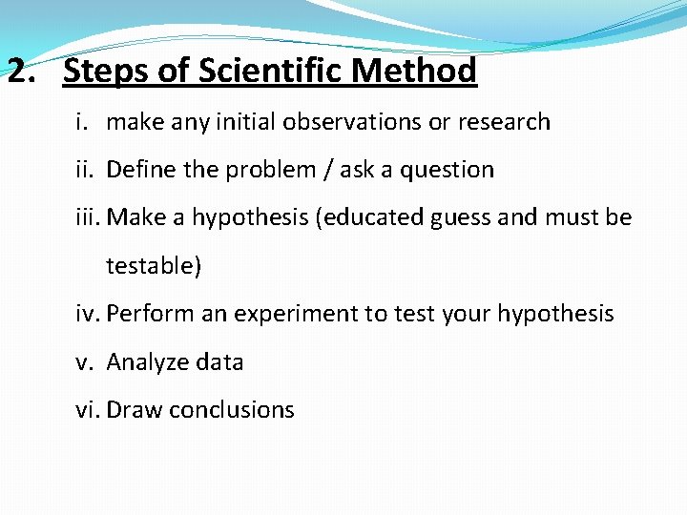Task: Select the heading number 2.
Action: coord(18,71)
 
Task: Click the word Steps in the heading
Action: coord(104,71)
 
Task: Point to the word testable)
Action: coord(154,266)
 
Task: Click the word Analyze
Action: coord(147,362)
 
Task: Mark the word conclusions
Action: coord(230,410)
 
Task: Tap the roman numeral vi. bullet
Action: coord(88,410)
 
